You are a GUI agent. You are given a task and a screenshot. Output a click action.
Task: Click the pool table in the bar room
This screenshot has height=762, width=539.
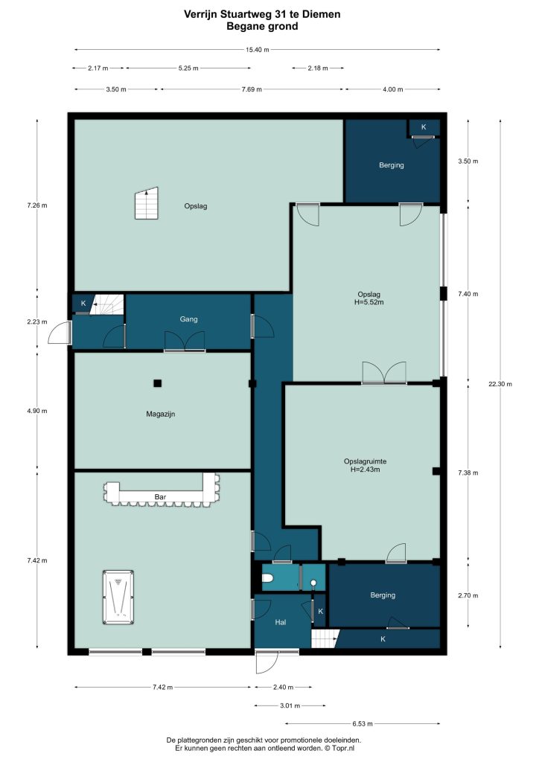pyautogui.click(x=118, y=598)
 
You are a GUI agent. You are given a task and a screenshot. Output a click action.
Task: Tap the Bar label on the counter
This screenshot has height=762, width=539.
pyautogui.click(x=160, y=496)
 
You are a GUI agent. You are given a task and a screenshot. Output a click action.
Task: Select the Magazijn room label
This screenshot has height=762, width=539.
pyautogui.click(x=160, y=414)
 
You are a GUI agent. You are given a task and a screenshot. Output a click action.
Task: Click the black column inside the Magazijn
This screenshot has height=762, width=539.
pyautogui.click(x=158, y=383)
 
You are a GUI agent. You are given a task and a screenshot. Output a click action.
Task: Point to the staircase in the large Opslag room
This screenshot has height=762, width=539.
pyautogui.click(x=147, y=203)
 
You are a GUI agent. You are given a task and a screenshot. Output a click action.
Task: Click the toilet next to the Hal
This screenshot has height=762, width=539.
pyautogui.click(x=268, y=577)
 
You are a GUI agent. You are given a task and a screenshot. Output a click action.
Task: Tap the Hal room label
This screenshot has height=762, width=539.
pyautogui.click(x=281, y=622)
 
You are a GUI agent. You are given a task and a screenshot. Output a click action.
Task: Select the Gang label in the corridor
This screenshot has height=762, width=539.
pyautogui.click(x=188, y=318)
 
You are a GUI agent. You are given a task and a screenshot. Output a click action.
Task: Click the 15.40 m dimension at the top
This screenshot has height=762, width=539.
pyautogui.click(x=257, y=50)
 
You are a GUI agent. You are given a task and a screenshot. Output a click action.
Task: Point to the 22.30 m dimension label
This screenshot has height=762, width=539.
pyautogui.click(x=500, y=384)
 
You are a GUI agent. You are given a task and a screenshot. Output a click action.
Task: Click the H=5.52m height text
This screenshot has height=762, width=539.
pyautogui.click(x=369, y=302)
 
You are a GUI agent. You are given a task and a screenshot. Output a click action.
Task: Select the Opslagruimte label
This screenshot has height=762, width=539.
pyautogui.click(x=365, y=461)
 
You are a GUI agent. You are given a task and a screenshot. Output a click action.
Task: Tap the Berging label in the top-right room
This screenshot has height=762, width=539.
pyautogui.click(x=392, y=165)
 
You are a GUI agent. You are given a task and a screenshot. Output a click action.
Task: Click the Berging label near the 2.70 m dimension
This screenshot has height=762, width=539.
pyautogui.click(x=383, y=595)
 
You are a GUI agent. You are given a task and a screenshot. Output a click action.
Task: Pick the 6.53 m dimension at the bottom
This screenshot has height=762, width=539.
pyautogui.click(x=362, y=723)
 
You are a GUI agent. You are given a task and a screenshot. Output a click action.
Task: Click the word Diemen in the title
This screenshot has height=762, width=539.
pyautogui.click(x=322, y=14)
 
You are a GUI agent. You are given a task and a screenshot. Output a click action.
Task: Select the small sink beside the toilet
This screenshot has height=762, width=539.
pyautogui.click(x=313, y=582)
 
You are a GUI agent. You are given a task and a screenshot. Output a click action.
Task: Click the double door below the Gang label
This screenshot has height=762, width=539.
pyautogui.click(x=185, y=341)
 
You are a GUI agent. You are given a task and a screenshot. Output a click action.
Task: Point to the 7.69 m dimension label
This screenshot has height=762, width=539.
pyautogui.click(x=252, y=89)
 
